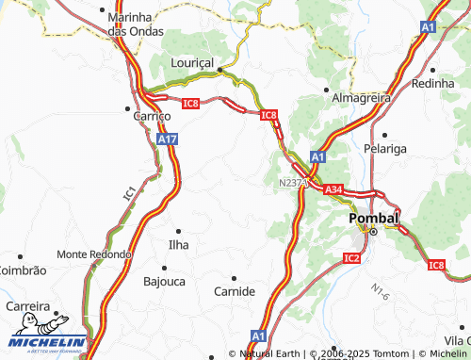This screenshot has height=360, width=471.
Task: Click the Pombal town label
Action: click(x=374, y=218)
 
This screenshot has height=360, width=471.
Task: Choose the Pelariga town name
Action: click(x=386, y=149)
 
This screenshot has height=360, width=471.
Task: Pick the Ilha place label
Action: click(x=177, y=244)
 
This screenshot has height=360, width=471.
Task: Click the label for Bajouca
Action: click(x=164, y=281)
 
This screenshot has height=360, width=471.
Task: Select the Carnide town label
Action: click(x=235, y=291)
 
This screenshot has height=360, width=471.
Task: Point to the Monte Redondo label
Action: click(x=93, y=254)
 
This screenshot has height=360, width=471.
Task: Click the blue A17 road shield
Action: click(x=167, y=139)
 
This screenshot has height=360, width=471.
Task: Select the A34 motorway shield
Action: click(x=333, y=190)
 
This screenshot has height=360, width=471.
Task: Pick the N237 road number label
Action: click(x=291, y=182)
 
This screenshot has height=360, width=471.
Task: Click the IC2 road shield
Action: click(x=352, y=257)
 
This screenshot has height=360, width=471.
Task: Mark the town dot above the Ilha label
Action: click(x=179, y=229)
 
